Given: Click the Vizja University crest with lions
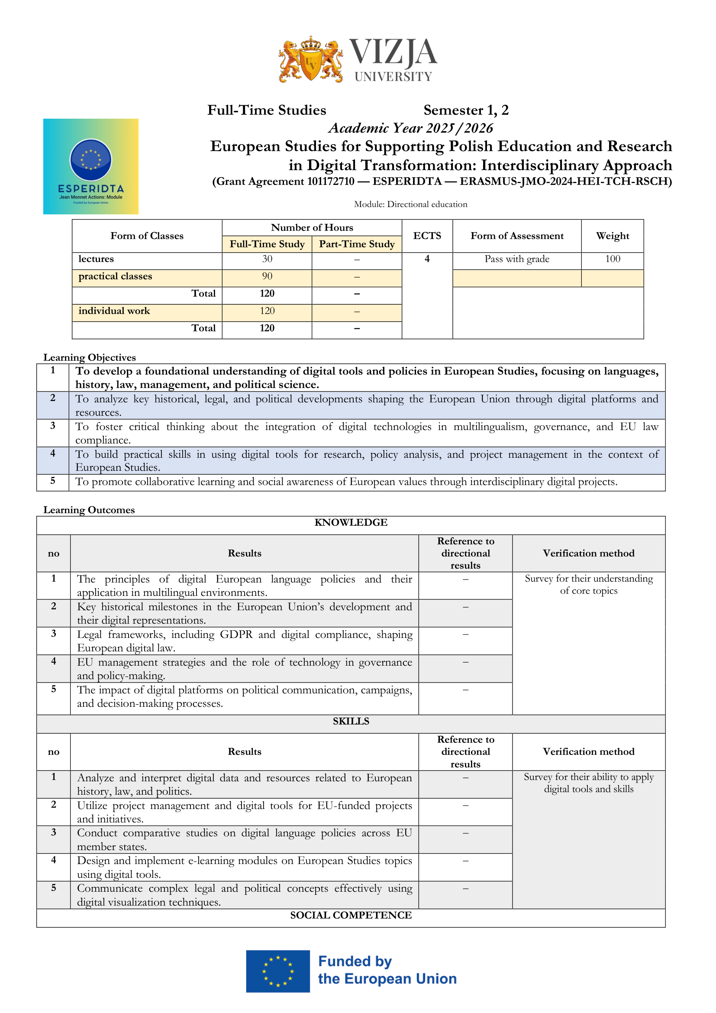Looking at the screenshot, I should (x=311, y=60).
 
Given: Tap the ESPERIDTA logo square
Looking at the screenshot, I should (x=91, y=166).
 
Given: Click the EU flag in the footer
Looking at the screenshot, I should (x=278, y=971).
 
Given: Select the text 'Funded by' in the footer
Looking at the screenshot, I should (x=355, y=961).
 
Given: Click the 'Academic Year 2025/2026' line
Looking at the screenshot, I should (x=410, y=128).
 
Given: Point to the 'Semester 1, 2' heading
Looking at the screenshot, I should (x=466, y=110).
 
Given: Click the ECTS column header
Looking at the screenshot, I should (x=427, y=236).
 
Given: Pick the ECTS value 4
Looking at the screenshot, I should (x=427, y=259).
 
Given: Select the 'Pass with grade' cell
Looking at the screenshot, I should (x=517, y=259).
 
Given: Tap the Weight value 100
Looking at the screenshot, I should (x=613, y=259).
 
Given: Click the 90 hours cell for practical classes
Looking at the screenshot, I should (x=267, y=276).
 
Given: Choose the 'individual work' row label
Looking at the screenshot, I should (x=114, y=311).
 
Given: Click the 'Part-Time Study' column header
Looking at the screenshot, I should (x=357, y=244).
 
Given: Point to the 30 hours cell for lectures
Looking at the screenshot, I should (x=267, y=259).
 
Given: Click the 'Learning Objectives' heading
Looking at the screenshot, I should (x=90, y=357).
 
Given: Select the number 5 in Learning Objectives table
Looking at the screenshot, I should (x=53, y=481).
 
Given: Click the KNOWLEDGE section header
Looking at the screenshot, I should (x=351, y=522).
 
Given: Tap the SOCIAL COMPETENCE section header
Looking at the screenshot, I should (x=351, y=915).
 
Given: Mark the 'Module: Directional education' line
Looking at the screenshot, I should (x=410, y=204).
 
